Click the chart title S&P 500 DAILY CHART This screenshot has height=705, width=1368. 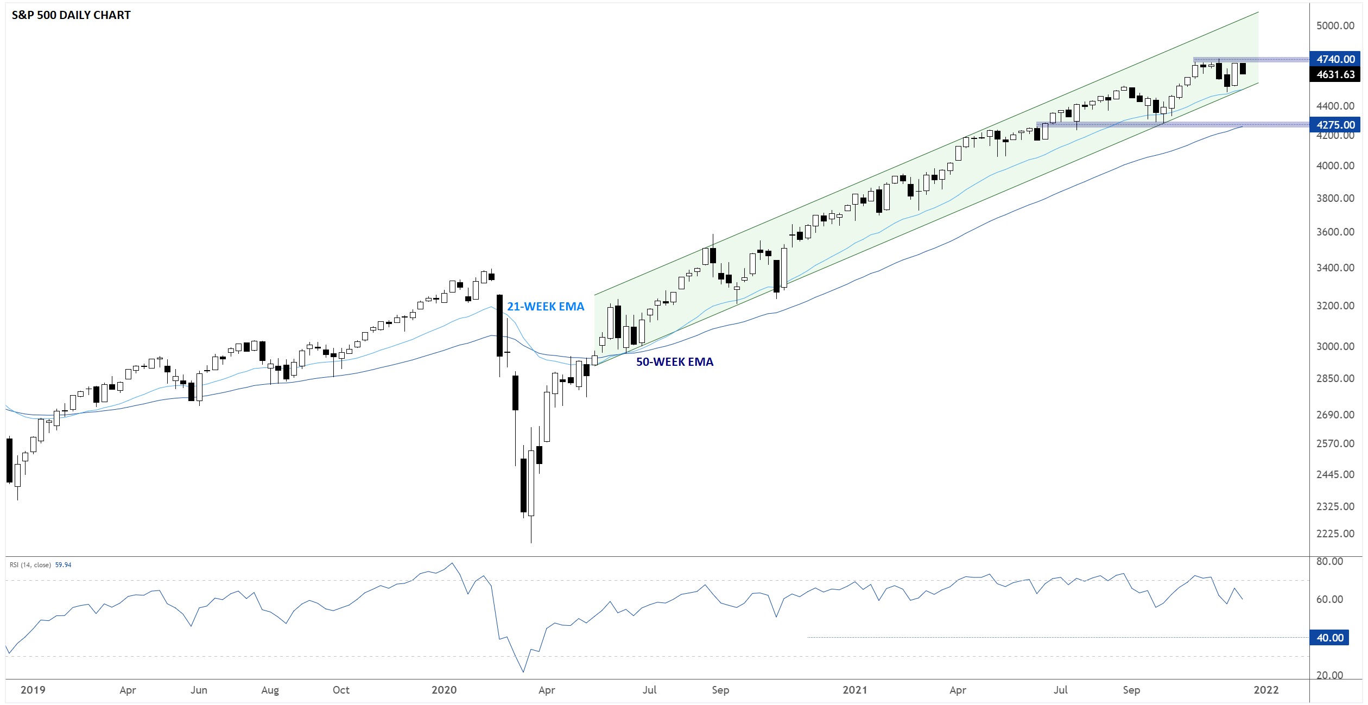pyautogui.click(x=71, y=15)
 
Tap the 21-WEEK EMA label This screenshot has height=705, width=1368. pyautogui.click(x=545, y=307)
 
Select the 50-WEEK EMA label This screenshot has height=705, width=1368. pyautogui.click(x=674, y=362)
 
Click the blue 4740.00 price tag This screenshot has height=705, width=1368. pyautogui.click(x=1335, y=59)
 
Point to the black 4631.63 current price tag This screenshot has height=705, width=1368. pyautogui.click(x=1335, y=74)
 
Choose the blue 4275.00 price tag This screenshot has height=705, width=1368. pyautogui.click(x=1335, y=125)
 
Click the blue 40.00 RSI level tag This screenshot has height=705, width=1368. pyautogui.click(x=1329, y=638)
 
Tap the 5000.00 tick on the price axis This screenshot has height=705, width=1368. pyautogui.click(x=1335, y=26)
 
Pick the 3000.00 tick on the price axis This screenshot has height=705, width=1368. pyautogui.click(x=1335, y=346)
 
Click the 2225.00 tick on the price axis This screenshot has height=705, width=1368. pyautogui.click(x=1335, y=533)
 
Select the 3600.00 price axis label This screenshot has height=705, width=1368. pyautogui.click(x=1335, y=232)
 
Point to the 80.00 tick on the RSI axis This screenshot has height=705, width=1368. pyautogui.click(x=1329, y=561)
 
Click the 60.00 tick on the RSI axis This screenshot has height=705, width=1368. pyautogui.click(x=1329, y=599)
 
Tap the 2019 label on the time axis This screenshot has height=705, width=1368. pyautogui.click(x=33, y=690)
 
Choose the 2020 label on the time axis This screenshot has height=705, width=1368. pyautogui.click(x=444, y=690)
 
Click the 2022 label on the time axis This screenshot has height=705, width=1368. pyautogui.click(x=1266, y=690)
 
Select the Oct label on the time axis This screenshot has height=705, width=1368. pyautogui.click(x=341, y=690)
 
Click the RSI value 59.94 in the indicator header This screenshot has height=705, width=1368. pyautogui.click(x=63, y=565)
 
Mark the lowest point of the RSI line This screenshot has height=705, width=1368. pyautogui.click(x=523, y=672)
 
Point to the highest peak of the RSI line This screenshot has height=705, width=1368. pyautogui.click(x=452, y=563)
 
